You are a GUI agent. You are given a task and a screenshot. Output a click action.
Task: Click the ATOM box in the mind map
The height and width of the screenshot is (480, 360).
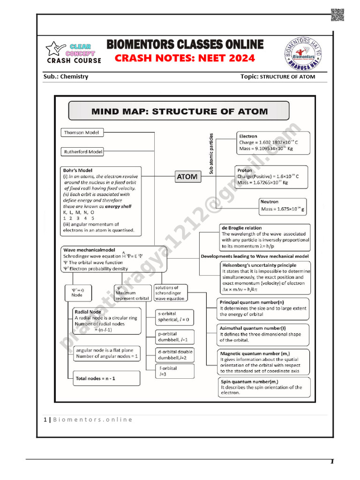click(x=187, y=177)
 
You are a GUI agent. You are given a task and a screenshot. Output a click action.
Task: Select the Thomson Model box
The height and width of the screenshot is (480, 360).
click(x=82, y=133)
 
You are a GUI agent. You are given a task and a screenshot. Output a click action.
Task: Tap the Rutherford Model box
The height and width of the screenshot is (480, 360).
click(x=82, y=152)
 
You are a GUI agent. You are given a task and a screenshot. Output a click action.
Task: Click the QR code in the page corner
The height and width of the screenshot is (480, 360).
click(x=337, y=15)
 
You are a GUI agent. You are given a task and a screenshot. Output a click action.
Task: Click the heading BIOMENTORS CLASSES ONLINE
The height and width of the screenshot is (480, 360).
click(x=185, y=45)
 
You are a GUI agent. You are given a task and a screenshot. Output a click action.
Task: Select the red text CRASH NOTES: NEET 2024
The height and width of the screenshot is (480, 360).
click(x=185, y=58)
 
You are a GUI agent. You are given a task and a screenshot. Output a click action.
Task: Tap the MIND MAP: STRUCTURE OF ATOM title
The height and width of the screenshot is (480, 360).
click(x=180, y=112)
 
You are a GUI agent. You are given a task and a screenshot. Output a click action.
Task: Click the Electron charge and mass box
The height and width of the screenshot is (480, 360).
click(x=272, y=143)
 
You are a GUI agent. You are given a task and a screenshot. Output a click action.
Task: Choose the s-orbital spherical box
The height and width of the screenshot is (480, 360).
click(x=173, y=317)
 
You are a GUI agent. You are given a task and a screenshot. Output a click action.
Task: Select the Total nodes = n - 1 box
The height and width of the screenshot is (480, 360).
click(x=107, y=378)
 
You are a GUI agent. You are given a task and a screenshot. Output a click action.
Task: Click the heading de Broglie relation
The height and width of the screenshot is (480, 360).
click(x=242, y=228)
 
